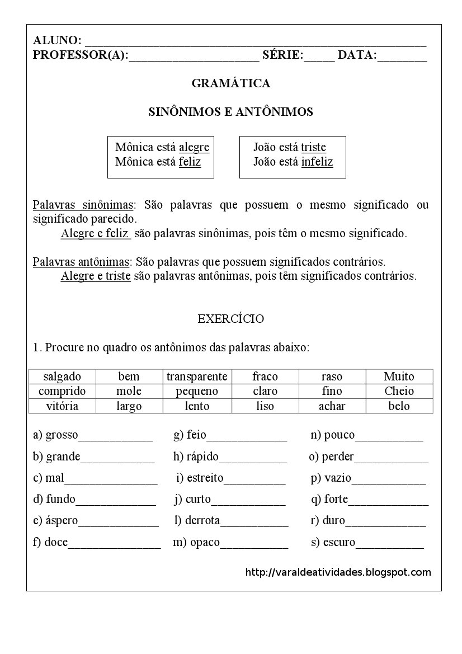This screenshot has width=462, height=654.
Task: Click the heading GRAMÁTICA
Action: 230,83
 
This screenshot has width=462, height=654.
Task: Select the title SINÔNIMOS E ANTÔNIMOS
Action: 230,112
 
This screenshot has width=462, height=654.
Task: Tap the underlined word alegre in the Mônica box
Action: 194,147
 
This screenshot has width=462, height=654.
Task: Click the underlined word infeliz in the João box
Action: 317,162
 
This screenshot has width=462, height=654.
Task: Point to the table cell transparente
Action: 197,377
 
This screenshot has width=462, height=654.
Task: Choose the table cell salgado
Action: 62,377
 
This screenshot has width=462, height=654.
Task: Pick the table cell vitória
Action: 62,406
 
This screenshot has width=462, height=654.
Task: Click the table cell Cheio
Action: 399,391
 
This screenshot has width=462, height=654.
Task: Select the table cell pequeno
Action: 197,391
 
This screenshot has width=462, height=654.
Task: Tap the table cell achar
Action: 332,406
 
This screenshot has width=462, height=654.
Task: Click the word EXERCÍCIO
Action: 230,319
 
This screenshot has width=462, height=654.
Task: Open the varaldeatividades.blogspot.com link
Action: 338,572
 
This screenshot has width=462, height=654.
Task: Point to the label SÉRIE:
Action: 282,55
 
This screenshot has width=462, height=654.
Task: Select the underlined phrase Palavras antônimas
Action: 81,261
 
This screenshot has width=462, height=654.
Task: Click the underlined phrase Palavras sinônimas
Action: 83,205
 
